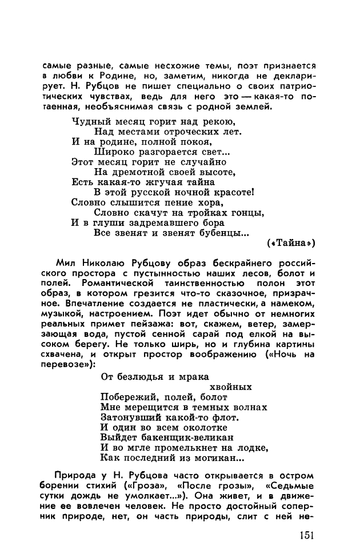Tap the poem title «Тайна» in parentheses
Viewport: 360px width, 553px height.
click(x=291, y=242)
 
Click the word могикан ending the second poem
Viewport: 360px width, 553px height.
click(x=210, y=458)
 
